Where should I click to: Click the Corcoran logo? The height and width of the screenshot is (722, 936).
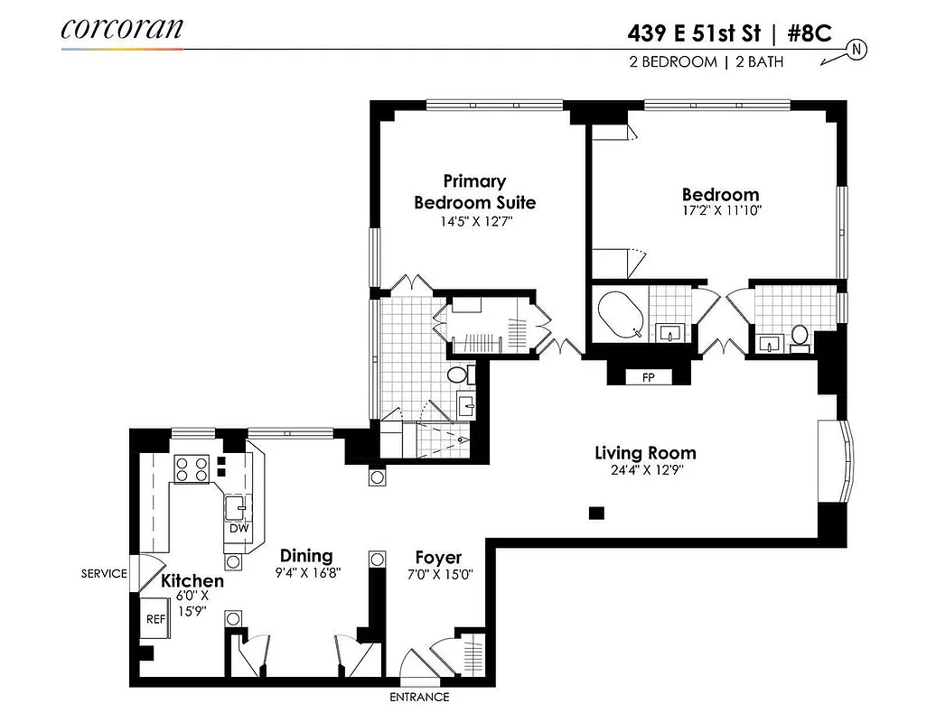(x=122, y=29)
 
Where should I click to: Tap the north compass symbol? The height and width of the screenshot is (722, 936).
(x=855, y=51)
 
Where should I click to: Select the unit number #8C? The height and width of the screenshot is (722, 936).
(x=810, y=33)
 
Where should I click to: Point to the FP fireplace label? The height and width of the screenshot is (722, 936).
(x=648, y=377)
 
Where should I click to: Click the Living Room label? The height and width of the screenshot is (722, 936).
(x=645, y=453)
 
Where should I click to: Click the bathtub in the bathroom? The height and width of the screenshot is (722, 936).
(x=621, y=314)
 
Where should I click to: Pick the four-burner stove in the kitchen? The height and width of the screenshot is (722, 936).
(x=191, y=468)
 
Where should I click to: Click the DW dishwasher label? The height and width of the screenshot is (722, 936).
(x=239, y=529)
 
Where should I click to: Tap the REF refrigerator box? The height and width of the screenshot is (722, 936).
(x=154, y=619)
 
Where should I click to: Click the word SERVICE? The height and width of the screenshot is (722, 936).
(x=104, y=573)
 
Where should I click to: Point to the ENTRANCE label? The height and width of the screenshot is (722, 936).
(x=419, y=697)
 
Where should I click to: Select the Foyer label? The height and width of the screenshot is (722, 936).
(x=438, y=558)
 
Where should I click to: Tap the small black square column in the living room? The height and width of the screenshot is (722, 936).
(x=595, y=513)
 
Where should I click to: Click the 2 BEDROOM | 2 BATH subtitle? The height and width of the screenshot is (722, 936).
(x=706, y=62)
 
